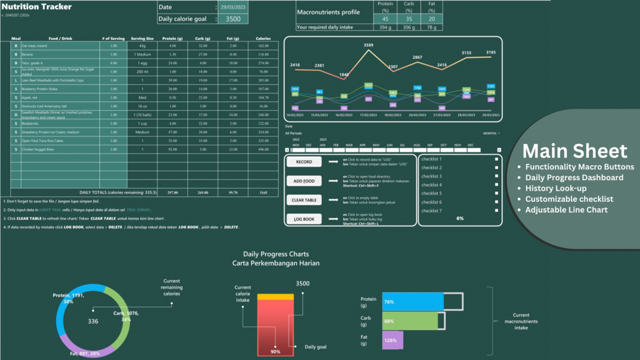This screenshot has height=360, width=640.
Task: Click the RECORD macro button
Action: pyautogui.click(x=304, y=162)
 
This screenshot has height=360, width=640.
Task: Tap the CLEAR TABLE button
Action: pyautogui.click(x=304, y=200)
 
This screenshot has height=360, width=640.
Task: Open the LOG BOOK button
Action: pyautogui.click(x=304, y=219)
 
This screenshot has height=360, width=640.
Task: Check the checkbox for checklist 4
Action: pyautogui.click(x=497, y=185)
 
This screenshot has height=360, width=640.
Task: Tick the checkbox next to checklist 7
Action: pyautogui.click(x=497, y=211)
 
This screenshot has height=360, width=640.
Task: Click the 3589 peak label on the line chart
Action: pyautogui.click(x=369, y=45)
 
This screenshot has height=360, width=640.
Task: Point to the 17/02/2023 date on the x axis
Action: pyautogui.click(x=368, y=115)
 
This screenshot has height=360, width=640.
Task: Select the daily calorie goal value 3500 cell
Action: pyautogui.click(x=233, y=19)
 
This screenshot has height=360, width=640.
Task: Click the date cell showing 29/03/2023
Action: pyautogui.click(x=233, y=8)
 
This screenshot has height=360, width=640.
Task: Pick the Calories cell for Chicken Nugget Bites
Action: pyautogui.click(x=263, y=149)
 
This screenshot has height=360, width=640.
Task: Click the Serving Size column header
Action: pyautogui.click(x=142, y=38)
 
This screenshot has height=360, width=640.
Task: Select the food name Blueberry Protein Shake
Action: pyautogui.click(x=39, y=89)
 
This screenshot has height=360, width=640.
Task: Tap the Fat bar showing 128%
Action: pyautogui.click(x=392, y=340)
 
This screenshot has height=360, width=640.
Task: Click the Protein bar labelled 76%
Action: pyautogui.click(x=413, y=302)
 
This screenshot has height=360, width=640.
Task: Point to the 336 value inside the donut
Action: pyautogui.click(x=93, y=321)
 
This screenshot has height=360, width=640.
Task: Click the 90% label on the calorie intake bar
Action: pyautogui.click(x=275, y=352)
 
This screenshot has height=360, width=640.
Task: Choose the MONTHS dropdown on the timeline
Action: pyautogui.click(x=491, y=134)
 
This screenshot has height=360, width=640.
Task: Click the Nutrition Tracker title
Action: pyautogui.click(x=36, y=7)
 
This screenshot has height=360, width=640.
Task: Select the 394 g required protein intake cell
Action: pyautogui.click(x=385, y=27)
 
